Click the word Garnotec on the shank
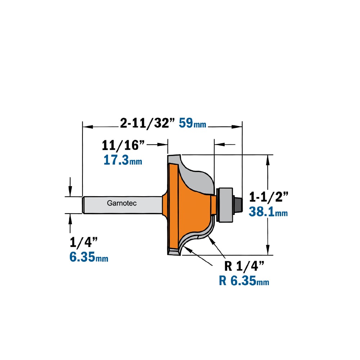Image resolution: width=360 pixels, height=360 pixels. point(122,203)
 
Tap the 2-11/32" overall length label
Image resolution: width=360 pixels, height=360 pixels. point(147,123)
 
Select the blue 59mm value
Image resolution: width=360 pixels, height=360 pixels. point(192,123)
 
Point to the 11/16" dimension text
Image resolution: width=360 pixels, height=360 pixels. point(123,145)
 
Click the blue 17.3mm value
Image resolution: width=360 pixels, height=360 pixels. point(123,160)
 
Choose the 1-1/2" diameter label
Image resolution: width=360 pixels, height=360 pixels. point(269,197)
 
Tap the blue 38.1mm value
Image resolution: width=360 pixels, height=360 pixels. point(268,212)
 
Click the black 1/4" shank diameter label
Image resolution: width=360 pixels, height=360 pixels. point(84,242)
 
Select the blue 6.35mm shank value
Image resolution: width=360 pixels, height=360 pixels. point(89,257)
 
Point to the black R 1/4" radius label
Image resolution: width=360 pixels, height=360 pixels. point(244,266)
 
